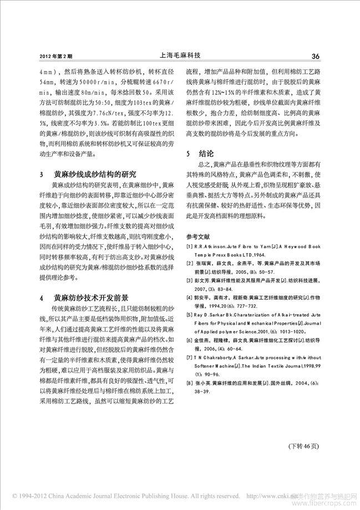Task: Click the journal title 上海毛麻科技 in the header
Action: (179, 55)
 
